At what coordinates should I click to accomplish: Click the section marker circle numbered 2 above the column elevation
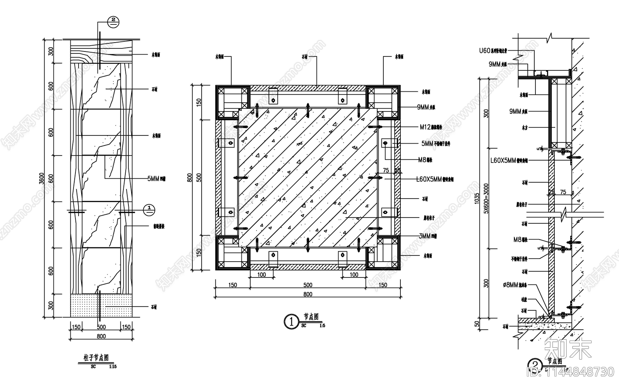[x=113, y=22]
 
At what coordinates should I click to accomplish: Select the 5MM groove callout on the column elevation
[x=156, y=178]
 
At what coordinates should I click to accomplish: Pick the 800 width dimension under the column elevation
[x=101, y=336]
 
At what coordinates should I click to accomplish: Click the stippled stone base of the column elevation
[x=101, y=305]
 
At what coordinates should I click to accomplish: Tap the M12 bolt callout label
[x=431, y=127]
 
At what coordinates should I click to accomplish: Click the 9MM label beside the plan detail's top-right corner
[x=426, y=107]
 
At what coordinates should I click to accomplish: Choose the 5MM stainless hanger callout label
[x=436, y=144]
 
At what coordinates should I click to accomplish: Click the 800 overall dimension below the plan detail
[x=308, y=294]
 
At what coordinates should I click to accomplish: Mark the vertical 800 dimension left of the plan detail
[x=189, y=177]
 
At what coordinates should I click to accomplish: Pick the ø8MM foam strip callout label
[x=515, y=285]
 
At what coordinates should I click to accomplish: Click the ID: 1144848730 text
[x=570, y=372]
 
